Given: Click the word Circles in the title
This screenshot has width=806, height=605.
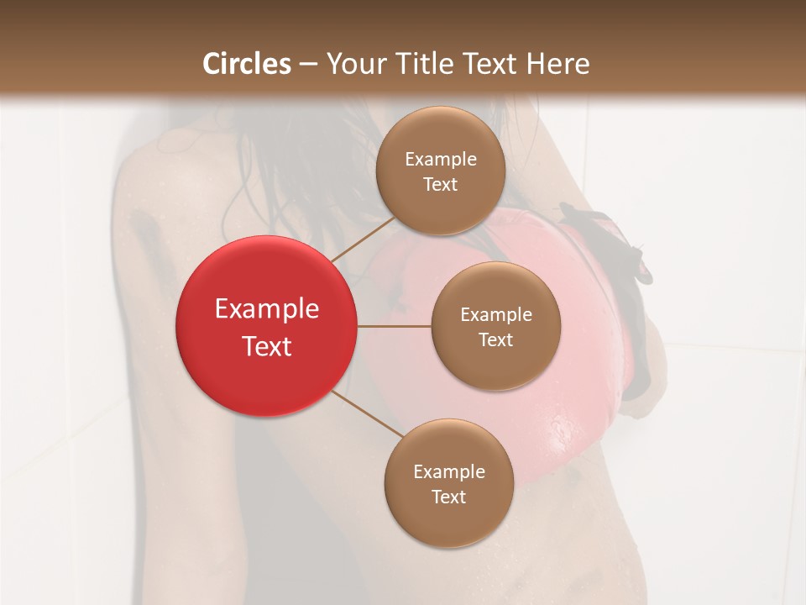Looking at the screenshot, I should point(247,64).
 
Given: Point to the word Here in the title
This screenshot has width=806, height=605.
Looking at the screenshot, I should point(558,64).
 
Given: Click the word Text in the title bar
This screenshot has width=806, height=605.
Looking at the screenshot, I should point(494,64).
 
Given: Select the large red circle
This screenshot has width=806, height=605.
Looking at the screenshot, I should point(266,326).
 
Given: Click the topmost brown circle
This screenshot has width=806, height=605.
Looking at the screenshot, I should point(441,171).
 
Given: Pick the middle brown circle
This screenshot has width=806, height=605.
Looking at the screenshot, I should point(495,326).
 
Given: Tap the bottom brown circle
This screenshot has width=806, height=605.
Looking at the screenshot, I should point(448,483).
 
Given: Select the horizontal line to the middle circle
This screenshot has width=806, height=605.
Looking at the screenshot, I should point(394,326).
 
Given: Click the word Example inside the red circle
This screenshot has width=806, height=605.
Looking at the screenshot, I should point(266,309).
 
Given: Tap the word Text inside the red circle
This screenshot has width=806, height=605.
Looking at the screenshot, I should point(266,346).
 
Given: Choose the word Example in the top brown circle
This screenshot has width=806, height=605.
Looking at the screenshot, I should point(441,160).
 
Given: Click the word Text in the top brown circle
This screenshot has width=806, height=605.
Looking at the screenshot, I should point(441,185).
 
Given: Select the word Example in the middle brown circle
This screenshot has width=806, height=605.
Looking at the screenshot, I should point(495,315).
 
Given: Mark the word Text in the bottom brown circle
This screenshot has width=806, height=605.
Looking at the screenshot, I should point(448,497).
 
